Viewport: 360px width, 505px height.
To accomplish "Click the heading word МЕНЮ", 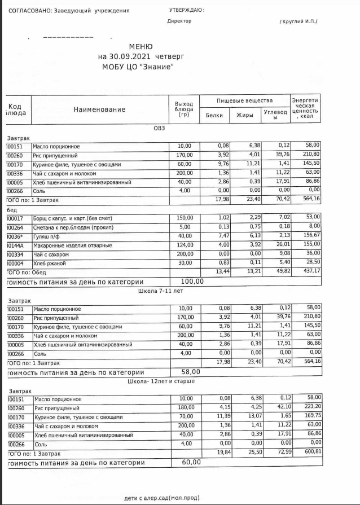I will click(x=141, y=47).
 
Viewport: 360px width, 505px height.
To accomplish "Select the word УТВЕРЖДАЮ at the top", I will click(x=186, y=10).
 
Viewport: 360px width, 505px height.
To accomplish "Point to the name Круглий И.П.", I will click(x=299, y=21).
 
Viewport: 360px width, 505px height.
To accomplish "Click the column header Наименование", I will click(x=100, y=109).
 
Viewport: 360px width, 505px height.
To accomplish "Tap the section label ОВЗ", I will click(x=160, y=128).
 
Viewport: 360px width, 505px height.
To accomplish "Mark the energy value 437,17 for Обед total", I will click(x=310, y=271).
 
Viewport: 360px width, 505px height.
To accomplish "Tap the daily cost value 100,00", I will click(x=192, y=281).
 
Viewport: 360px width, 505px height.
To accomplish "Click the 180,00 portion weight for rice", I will click(x=185, y=407).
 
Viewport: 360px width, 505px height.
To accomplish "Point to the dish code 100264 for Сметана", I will click(x=15, y=227).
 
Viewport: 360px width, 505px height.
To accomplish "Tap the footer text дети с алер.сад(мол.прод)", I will click(x=161, y=498).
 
